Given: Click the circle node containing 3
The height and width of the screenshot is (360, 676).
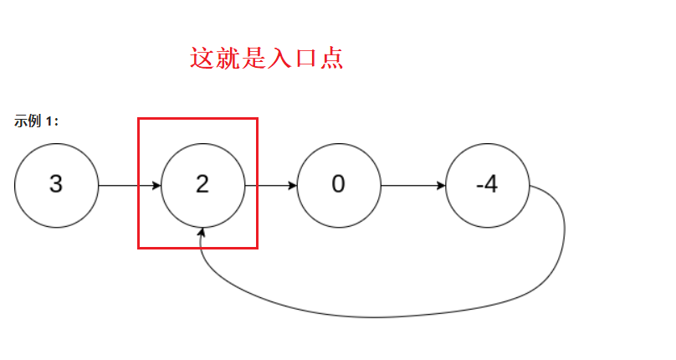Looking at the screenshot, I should (x=57, y=185).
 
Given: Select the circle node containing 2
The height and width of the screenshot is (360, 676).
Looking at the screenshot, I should (x=202, y=185).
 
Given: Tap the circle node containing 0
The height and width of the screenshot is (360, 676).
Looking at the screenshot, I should (x=338, y=185).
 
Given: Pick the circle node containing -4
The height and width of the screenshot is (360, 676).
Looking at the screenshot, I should (x=488, y=185).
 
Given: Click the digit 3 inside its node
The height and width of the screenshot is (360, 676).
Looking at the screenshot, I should (x=56, y=185).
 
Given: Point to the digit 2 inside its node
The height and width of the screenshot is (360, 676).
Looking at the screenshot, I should (x=202, y=185).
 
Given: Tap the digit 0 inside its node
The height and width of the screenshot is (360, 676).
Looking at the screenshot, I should (x=338, y=185).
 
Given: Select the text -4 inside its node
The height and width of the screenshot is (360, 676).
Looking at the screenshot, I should (x=486, y=185).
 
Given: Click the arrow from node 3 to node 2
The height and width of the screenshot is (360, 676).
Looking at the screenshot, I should (x=130, y=185).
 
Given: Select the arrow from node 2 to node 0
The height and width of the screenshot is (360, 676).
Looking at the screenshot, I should (x=270, y=185).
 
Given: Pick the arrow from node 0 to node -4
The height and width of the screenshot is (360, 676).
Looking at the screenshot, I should (x=412, y=185).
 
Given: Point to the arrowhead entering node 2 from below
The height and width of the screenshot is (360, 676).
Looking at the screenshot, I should (x=202, y=232).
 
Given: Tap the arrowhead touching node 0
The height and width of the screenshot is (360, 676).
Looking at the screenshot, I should (x=292, y=185).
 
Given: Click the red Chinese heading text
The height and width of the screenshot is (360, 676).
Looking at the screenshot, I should (x=267, y=59).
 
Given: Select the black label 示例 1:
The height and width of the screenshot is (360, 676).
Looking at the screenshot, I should (x=36, y=121).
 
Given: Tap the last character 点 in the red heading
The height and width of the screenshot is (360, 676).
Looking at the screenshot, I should (x=331, y=59).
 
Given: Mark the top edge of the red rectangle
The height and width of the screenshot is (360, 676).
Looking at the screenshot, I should (x=197, y=119).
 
